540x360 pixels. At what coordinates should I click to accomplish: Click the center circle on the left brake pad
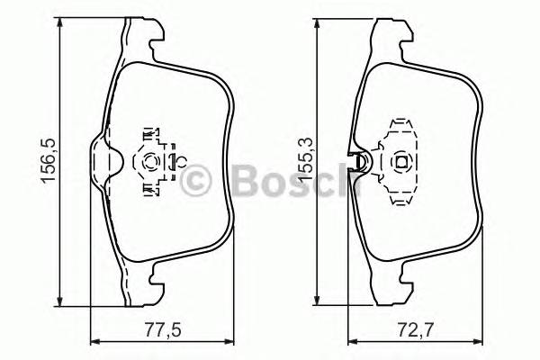point(151,162)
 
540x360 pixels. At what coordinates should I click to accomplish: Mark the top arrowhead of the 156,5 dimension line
point(61,28)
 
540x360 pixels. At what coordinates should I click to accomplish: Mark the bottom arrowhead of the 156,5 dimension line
point(61,301)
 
